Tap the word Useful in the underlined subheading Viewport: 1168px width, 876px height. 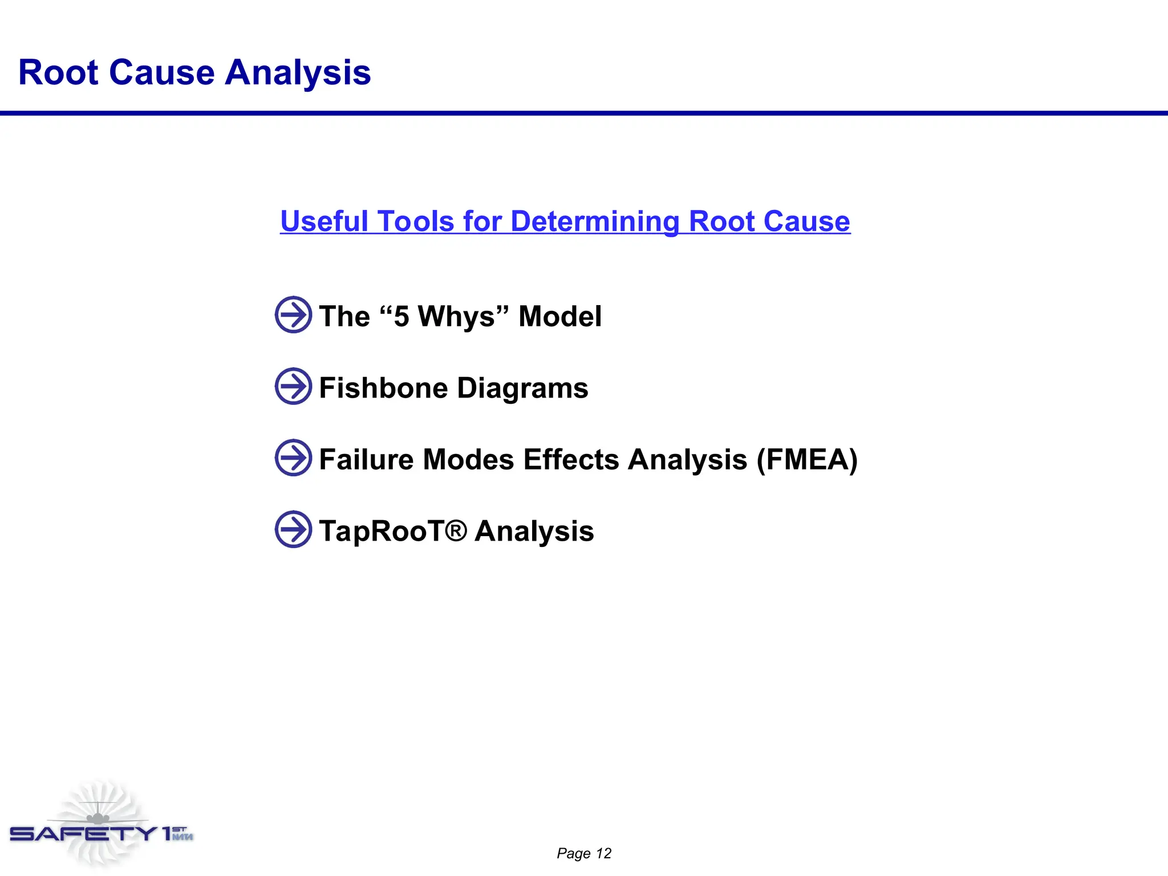[x=324, y=221]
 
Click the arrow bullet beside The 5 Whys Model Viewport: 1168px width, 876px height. [x=293, y=315]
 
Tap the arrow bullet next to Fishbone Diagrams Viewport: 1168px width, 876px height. [x=293, y=386]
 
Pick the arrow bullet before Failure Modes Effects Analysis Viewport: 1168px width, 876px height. [x=293, y=457]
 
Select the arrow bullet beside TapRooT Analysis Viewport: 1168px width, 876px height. [x=293, y=529]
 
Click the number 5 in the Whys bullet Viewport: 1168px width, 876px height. [x=401, y=317]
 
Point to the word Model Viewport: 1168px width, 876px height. [x=559, y=317]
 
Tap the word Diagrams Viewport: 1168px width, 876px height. [x=522, y=388]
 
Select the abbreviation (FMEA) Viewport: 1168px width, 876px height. [x=807, y=460]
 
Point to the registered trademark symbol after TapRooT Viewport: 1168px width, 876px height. [x=456, y=530]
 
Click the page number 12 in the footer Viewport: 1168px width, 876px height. [x=603, y=853]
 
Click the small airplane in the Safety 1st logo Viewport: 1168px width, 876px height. [x=98, y=817]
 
